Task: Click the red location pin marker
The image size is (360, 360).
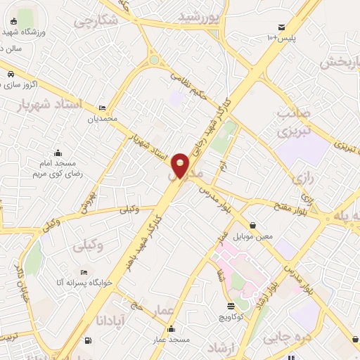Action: pyautogui.click(x=181, y=165)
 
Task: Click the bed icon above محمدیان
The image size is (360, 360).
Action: pyautogui.click(x=103, y=108)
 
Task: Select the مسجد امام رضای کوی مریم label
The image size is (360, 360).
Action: pyautogui.click(x=58, y=167)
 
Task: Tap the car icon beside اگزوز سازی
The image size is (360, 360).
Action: pyautogui.click(x=11, y=74)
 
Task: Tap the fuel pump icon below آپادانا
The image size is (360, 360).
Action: pyautogui.click(x=87, y=341)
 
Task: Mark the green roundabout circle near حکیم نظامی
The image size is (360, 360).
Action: pyautogui.click(x=154, y=60)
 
